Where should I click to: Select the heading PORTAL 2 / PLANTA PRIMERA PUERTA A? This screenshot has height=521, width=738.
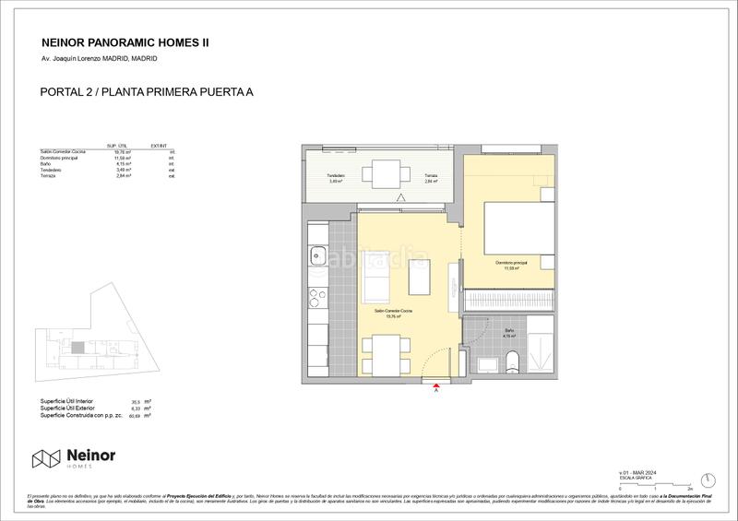[x=148, y=91]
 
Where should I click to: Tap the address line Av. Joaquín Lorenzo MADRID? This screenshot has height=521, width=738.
[x=99, y=59]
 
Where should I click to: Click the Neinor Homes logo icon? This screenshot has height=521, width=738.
[x=45, y=458]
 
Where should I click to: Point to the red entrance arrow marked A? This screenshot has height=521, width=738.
[x=435, y=387]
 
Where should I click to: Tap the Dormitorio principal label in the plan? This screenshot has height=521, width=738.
[x=510, y=264]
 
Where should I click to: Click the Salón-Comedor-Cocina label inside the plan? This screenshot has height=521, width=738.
[x=393, y=313]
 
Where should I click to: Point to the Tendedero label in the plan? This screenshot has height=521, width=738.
[x=336, y=176]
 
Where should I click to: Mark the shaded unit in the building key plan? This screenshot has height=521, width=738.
[x=78, y=348]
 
